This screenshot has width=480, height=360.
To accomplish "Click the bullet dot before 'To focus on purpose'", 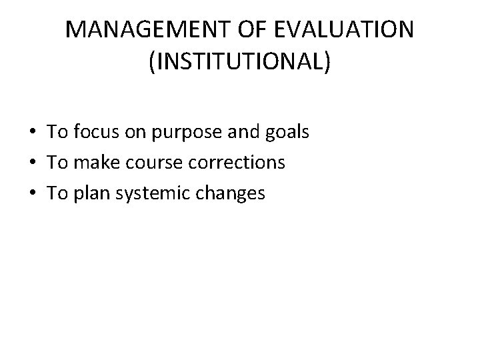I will [x=33, y=133].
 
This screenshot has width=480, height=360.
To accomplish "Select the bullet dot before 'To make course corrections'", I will [x=33, y=163].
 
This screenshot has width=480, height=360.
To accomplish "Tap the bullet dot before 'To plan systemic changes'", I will [x=33, y=194].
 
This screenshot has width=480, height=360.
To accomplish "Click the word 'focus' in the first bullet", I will [x=94, y=132].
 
